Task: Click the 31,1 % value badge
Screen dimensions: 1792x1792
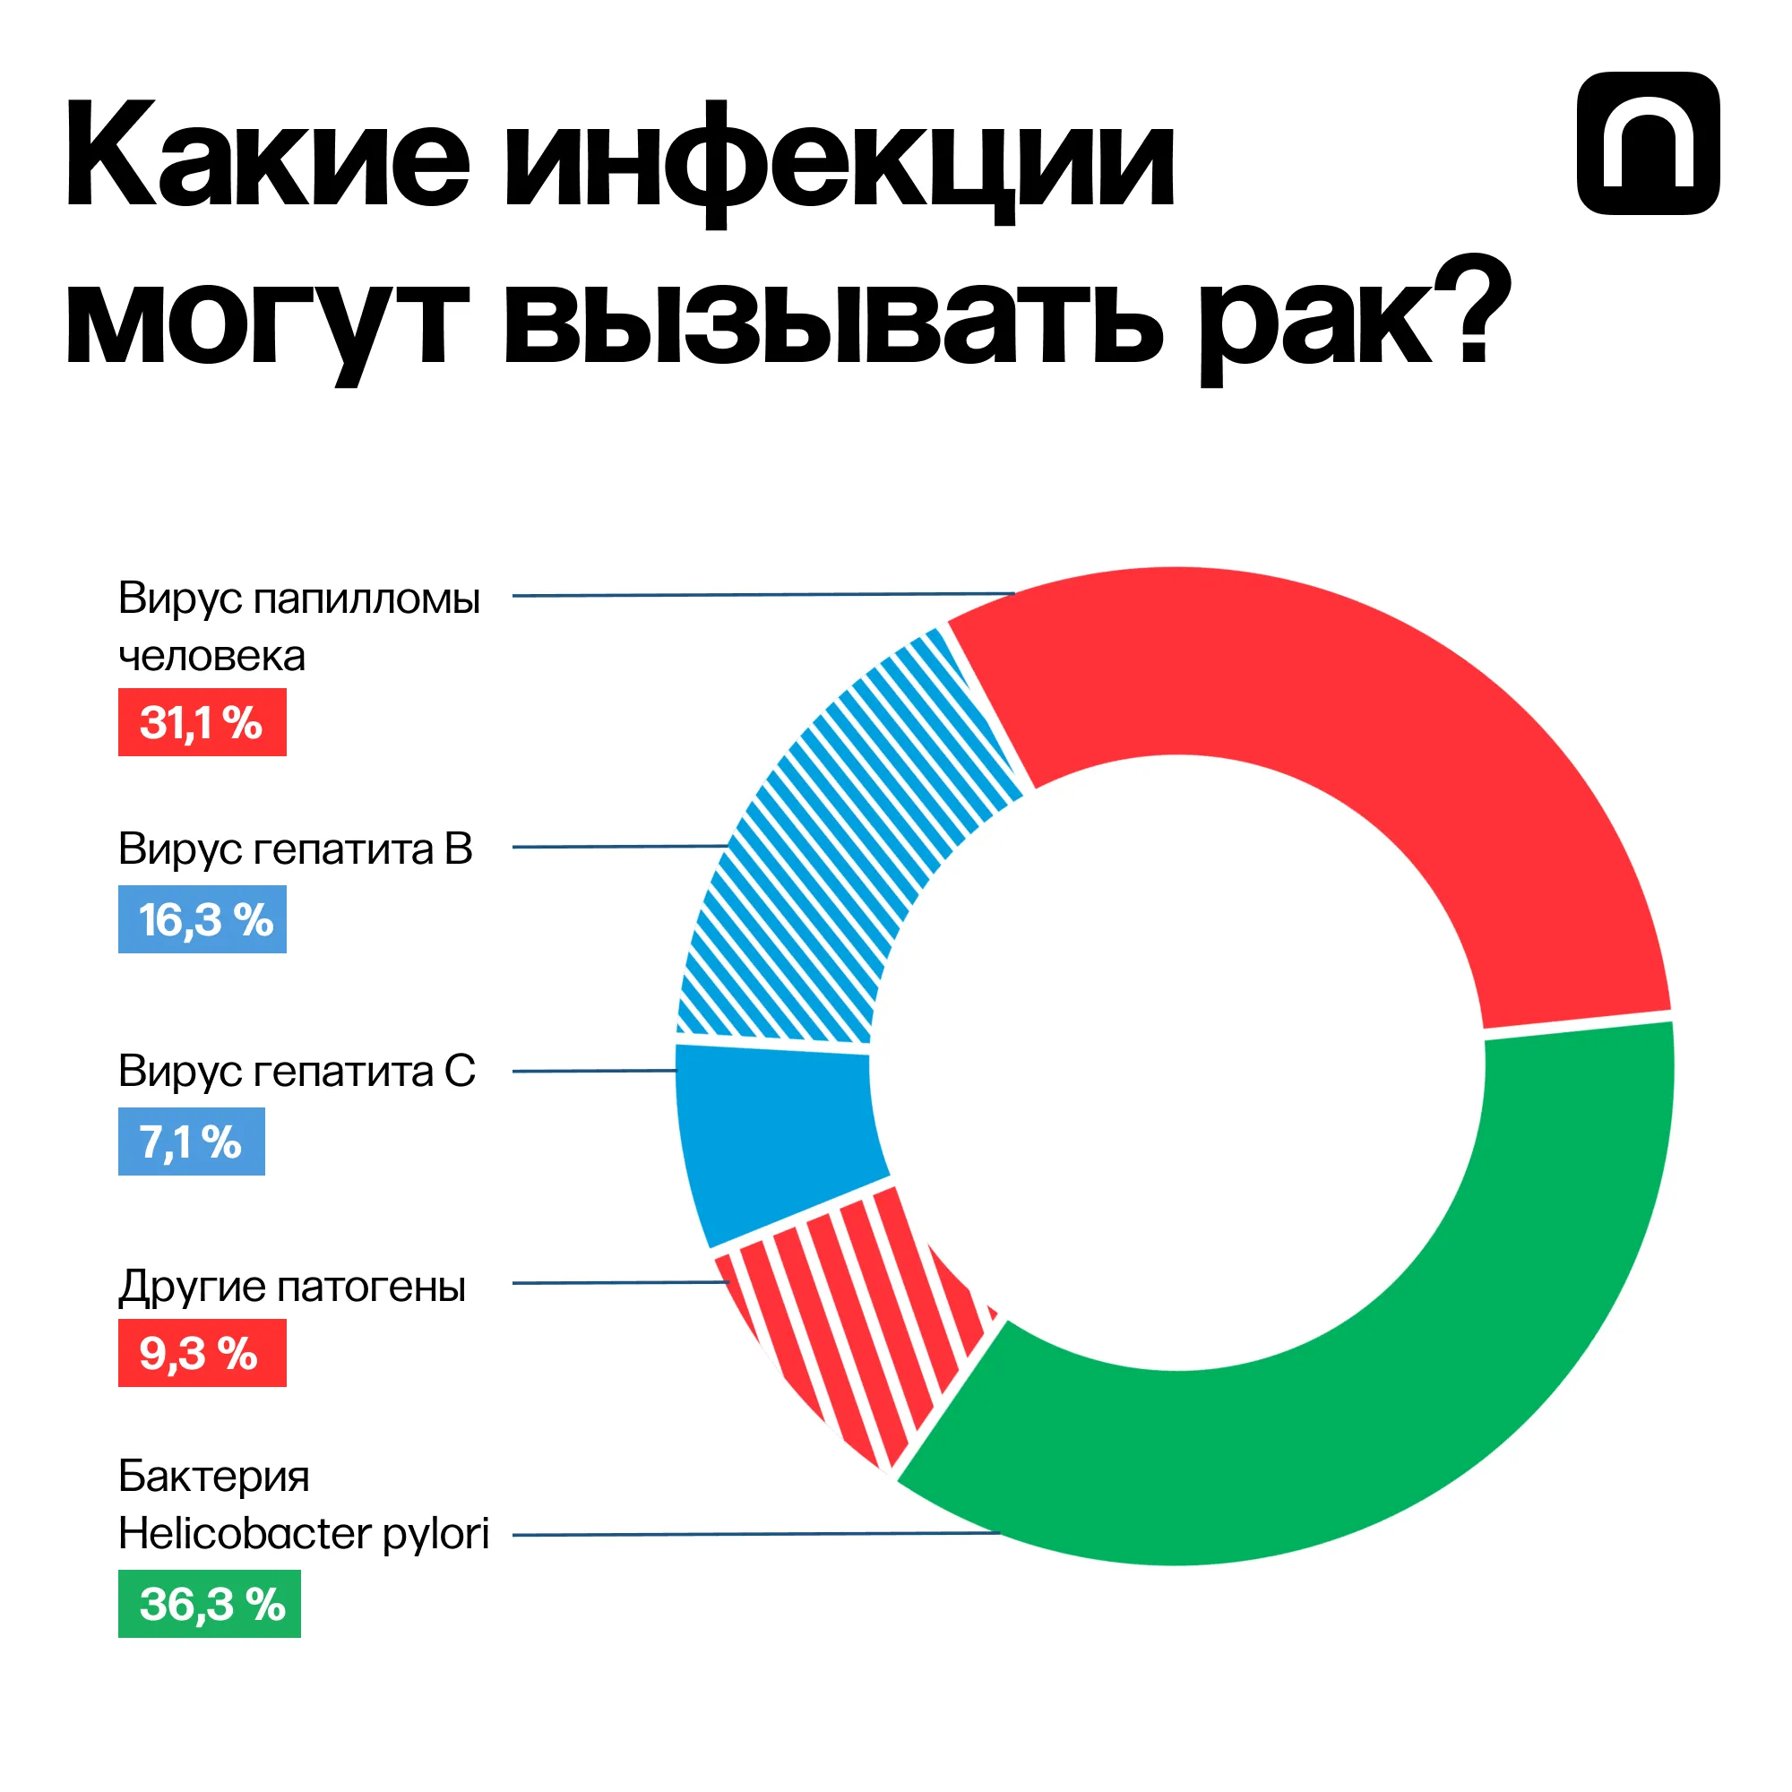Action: point(202,722)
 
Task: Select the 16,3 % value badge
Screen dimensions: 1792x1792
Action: point(202,919)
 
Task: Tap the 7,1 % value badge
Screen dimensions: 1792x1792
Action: point(191,1141)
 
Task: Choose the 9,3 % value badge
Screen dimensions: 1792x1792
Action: point(202,1353)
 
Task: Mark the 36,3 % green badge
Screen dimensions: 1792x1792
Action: point(209,1604)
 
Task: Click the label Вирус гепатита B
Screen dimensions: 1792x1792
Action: point(295,849)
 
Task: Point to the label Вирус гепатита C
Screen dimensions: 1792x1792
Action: point(296,1072)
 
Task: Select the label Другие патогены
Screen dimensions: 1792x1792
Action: point(291,1287)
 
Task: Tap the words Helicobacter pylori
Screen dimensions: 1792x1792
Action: point(304,1533)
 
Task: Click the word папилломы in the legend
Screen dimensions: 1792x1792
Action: point(366,600)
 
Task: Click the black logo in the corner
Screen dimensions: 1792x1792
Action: point(1648,143)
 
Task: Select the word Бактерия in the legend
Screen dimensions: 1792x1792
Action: point(213,1476)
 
